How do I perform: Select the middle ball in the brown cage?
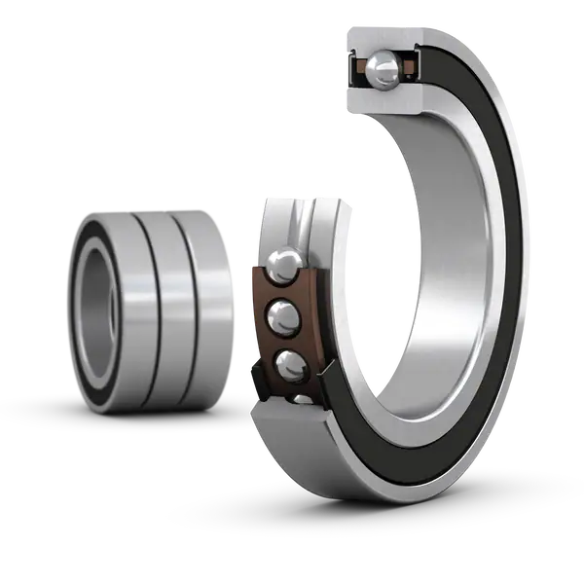coord(283,315)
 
